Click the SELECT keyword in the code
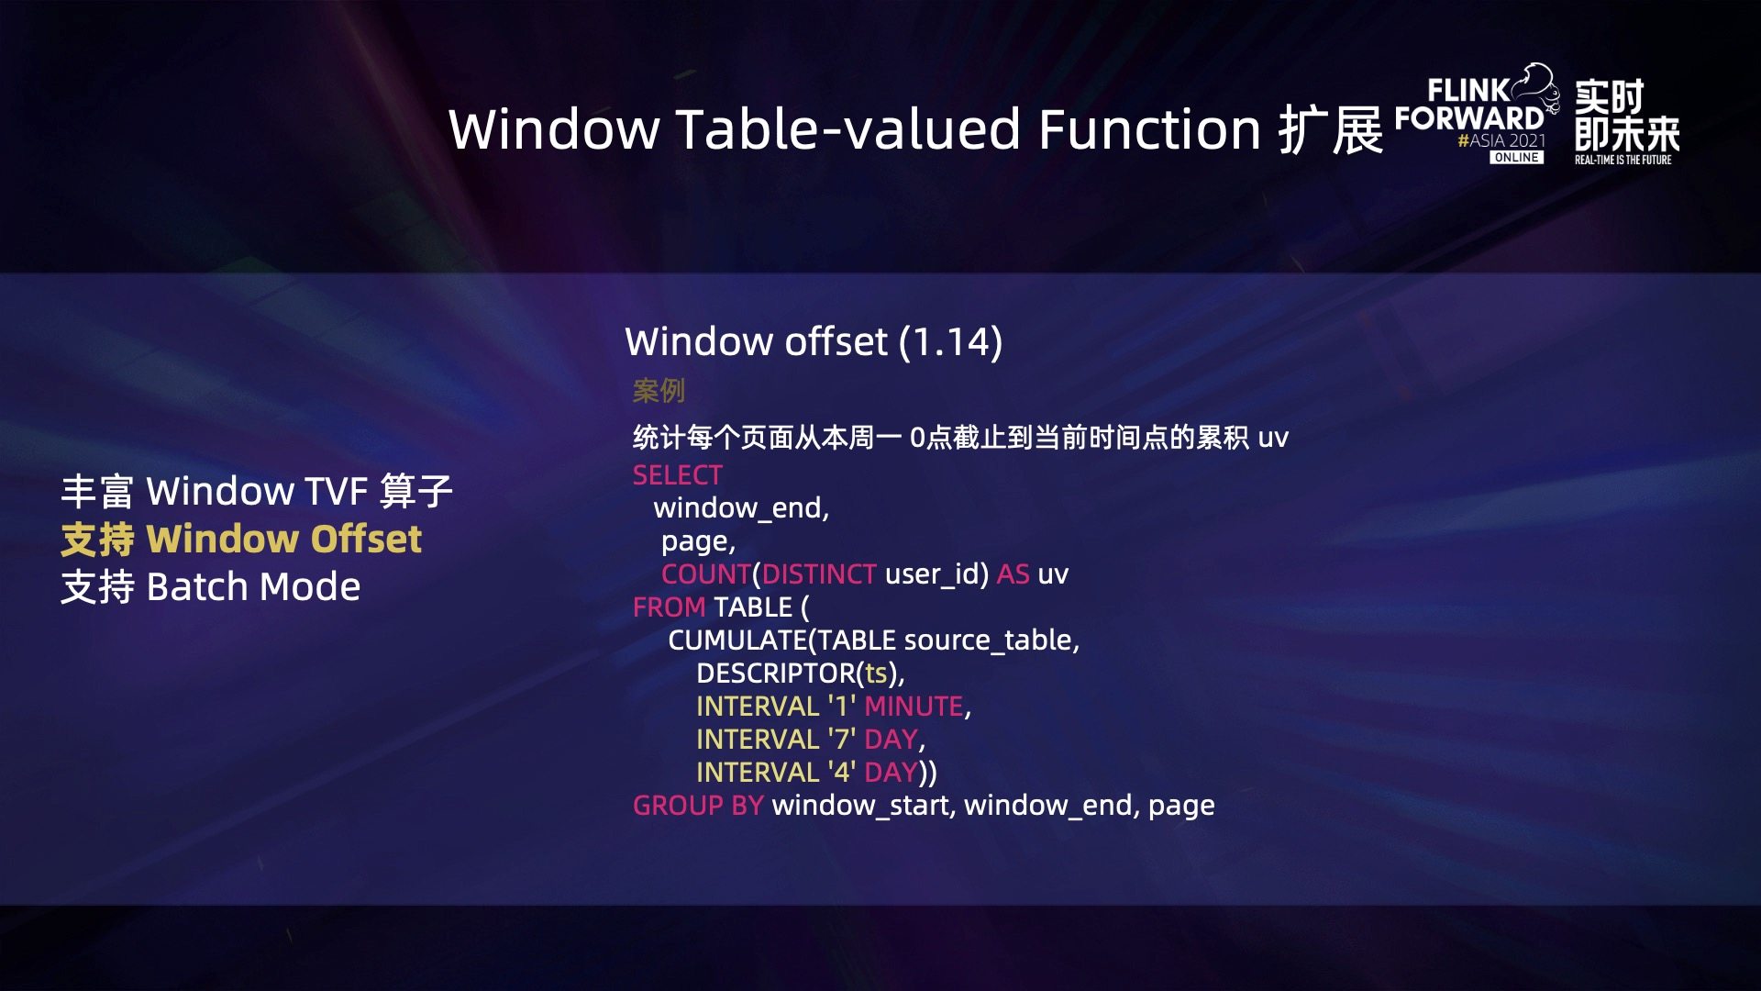point(678,475)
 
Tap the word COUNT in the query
point(706,574)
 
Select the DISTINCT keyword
point(819,574)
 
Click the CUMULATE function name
point(737,640)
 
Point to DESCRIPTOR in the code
point(776,674)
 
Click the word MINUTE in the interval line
point(914,707)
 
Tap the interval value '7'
point(842,739)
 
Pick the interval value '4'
point(842,772)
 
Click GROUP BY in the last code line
point(698,806)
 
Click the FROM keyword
point(670,607)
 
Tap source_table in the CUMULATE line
point(989,640)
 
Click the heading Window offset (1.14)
point(814,341)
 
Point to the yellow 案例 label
point(659,391)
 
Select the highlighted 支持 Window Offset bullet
point(241,539)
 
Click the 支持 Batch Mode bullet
point(211,587)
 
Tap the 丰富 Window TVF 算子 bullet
point(257,491)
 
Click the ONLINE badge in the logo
point(1516,158)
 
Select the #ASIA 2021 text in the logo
point(1501,140)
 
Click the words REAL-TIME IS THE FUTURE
point(1623,160)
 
